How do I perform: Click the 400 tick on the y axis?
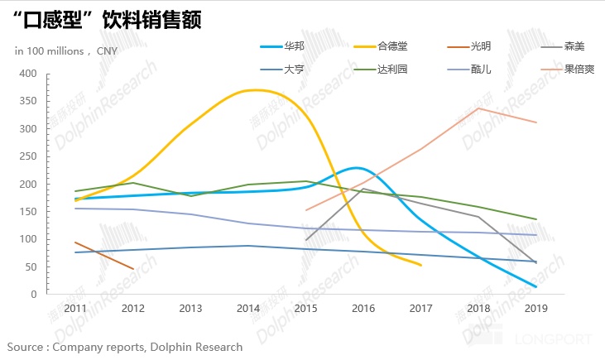29,74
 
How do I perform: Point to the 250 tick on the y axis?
29,156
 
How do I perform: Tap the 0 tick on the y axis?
34,295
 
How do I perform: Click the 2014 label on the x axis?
248,310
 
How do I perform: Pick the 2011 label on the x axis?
74,310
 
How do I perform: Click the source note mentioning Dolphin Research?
125,347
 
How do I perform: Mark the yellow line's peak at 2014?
248,90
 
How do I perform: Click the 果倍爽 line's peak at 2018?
479,108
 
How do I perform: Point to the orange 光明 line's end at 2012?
132,268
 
